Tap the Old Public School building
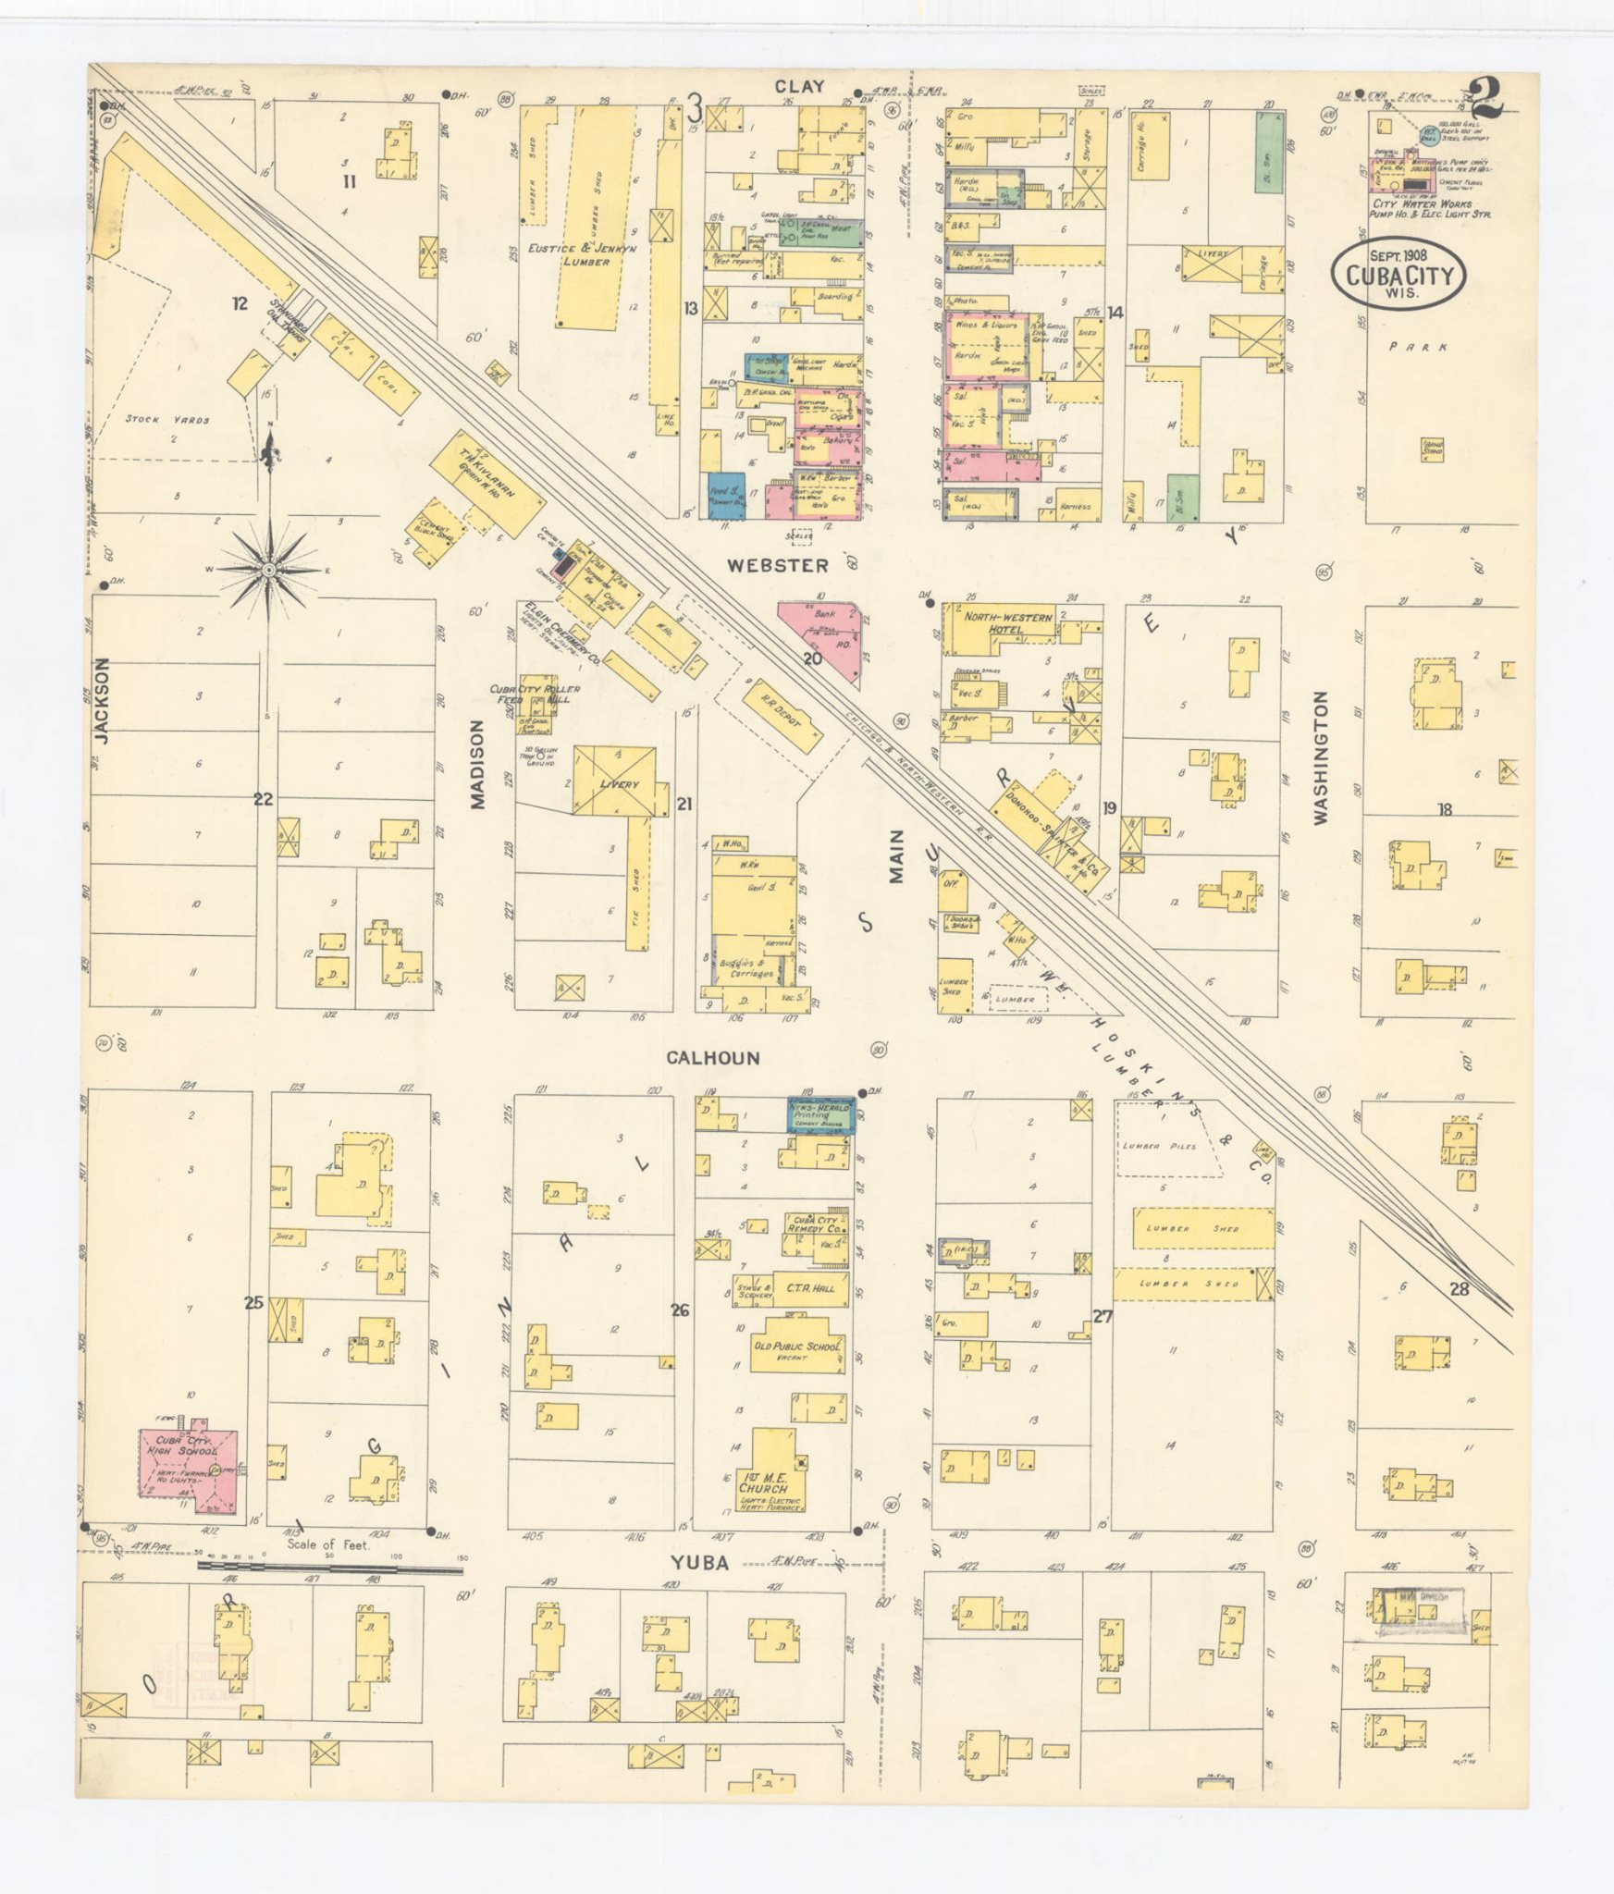point(796,1350)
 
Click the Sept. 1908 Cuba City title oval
point(1399,274)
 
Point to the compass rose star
point(268,571)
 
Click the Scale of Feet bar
point(329,1567)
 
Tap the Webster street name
point(776,564)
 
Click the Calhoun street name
point(713,1057)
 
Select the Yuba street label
point(699,1564)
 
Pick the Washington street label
point(1320,757)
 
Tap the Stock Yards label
point(167,419)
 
